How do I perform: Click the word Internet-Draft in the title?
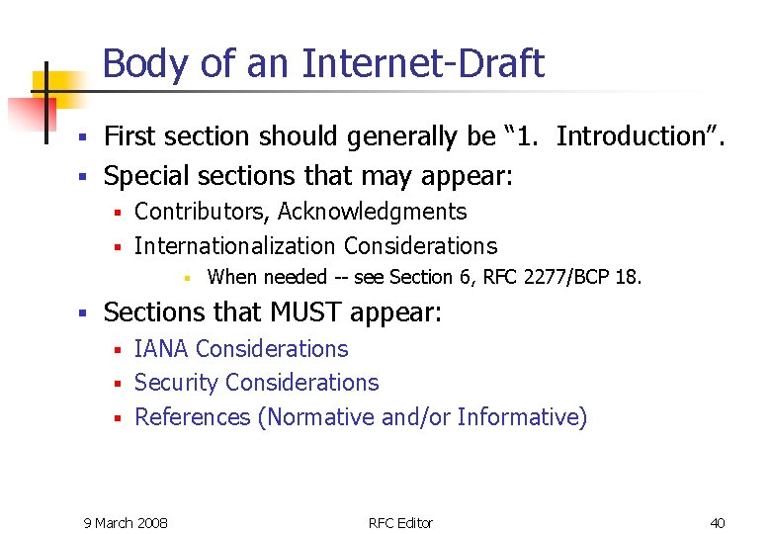423,64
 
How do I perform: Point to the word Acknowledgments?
373,212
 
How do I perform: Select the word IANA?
162,349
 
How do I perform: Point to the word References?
192,417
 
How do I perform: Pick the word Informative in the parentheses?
520,417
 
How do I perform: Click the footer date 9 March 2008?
126,522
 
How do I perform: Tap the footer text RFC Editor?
400,522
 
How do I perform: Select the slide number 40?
718,522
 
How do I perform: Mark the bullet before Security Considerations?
117,384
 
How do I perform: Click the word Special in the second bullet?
140,176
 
